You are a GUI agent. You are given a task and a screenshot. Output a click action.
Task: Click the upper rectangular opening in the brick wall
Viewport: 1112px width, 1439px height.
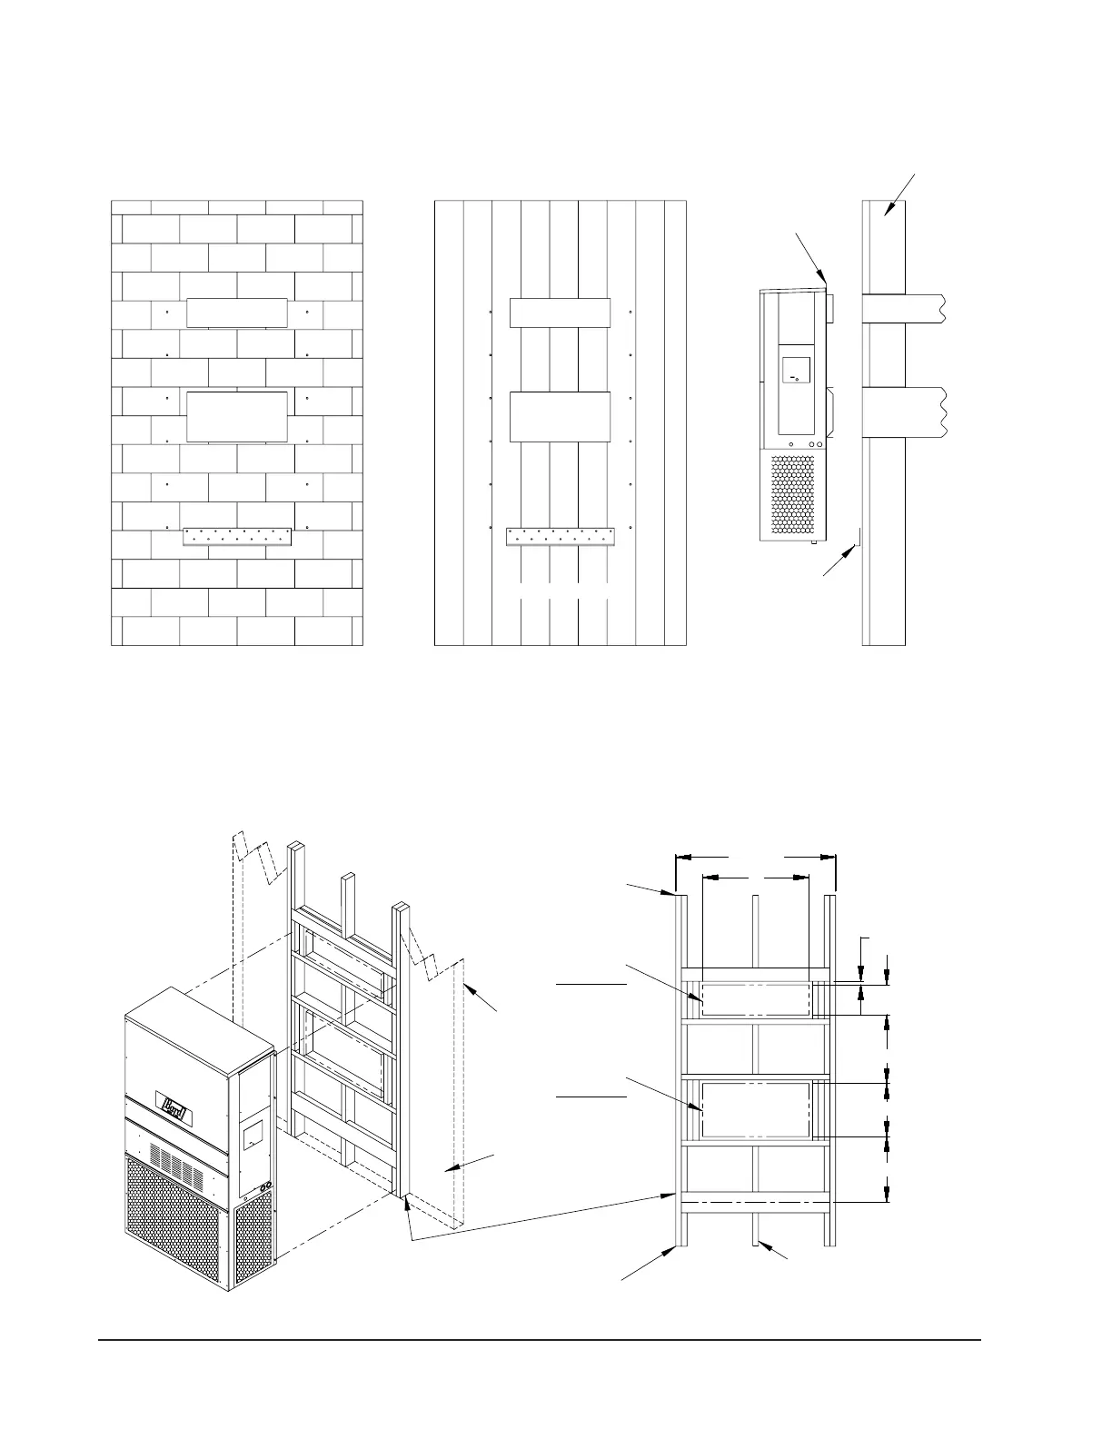point(237,313)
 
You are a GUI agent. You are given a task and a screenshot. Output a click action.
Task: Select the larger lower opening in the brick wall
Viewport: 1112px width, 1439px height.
point(237,416)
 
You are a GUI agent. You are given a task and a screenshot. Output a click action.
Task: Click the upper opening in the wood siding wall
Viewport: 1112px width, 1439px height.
point(559,313)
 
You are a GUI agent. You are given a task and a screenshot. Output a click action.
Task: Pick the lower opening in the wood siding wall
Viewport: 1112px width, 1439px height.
point(559,417)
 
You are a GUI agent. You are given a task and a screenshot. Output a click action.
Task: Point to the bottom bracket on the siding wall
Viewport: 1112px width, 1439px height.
point(560,536)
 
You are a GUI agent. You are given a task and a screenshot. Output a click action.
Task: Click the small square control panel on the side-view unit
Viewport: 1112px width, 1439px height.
point(796,370)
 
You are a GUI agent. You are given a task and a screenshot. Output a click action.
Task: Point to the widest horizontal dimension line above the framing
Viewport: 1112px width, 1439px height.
point(756,856)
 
